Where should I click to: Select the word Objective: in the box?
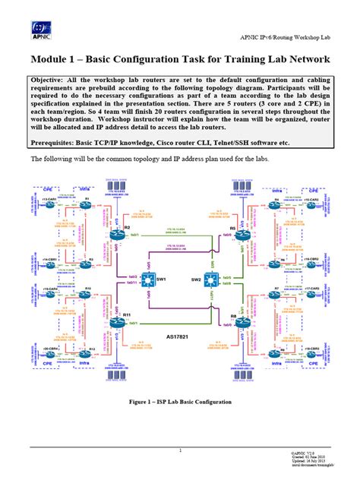54,80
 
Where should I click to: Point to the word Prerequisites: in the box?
60,142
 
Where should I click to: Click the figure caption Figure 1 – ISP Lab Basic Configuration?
180,402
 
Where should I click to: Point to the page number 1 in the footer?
180,450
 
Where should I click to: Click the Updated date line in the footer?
312,461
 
